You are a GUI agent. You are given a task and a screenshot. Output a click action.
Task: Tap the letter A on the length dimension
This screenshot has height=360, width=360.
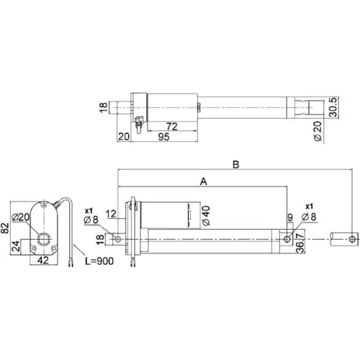[203, 183]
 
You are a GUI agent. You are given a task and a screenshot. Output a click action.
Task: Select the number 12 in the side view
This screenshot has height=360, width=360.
[110, 214]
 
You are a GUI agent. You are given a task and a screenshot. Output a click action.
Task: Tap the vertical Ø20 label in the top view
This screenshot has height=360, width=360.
[317, 130]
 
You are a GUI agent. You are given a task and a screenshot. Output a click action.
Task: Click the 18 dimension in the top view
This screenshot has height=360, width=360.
[103, 109]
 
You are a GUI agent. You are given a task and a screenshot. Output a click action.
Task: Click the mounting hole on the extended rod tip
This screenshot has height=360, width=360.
[351, 238]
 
